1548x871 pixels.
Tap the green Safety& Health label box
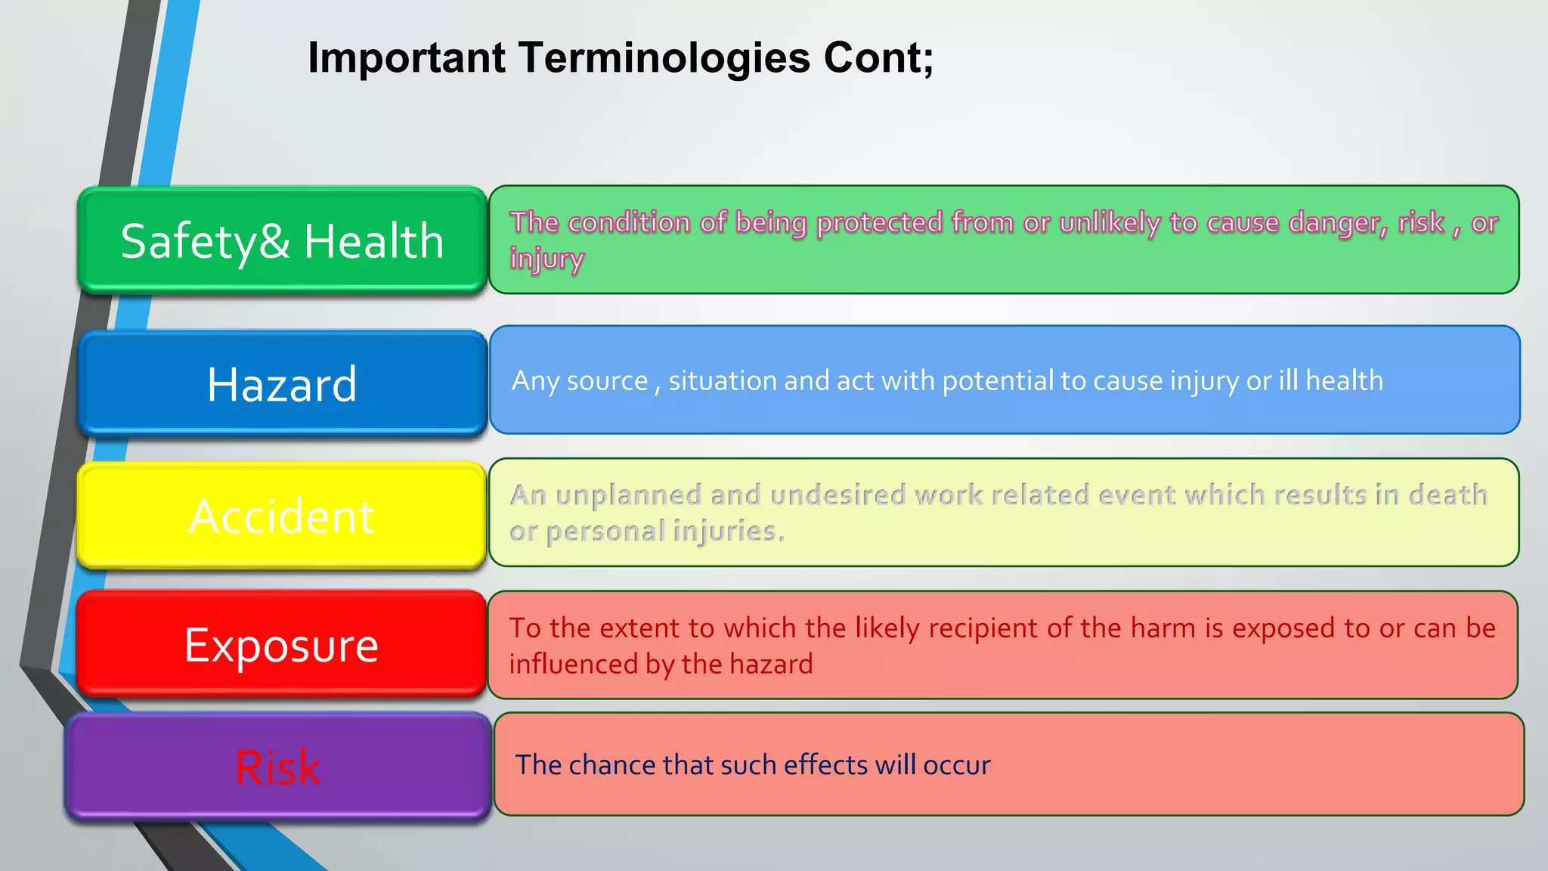(282, 240)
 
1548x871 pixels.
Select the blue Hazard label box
(282, 383)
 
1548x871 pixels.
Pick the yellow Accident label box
(282, 516)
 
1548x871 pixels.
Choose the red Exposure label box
(282, 645)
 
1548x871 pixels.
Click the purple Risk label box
(278, 767)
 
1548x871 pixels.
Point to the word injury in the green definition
(546, 259)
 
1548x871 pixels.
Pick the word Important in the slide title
(407, 59)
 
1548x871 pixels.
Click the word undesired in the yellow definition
(837, 494)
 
